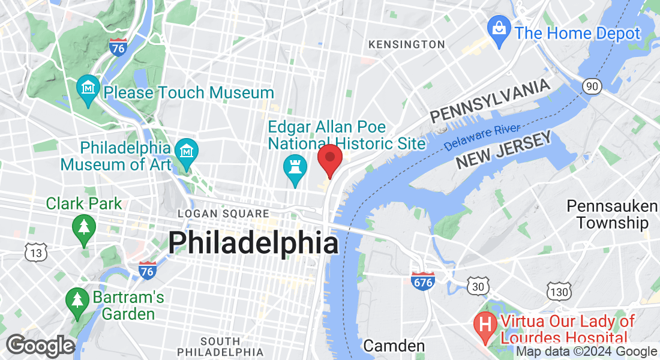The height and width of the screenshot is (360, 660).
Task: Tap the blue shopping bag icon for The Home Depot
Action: pyautogui.click(x=499, y=28)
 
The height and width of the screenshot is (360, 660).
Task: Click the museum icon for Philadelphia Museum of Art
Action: pyautogui.click(x=187, y=151)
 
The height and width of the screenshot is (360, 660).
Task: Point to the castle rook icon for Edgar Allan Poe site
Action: pyautogui.click(x=295, y=167)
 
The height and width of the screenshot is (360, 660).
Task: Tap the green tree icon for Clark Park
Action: pyautogui.click(x=83, y=227)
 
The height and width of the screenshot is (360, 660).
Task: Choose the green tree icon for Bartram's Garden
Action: pyautogui.click(x=76, y=299)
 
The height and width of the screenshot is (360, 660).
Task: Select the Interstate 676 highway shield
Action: pyautogui.click(x=423, y=280)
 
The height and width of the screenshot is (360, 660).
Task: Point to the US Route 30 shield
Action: pyautogui.click(x=478, y=287)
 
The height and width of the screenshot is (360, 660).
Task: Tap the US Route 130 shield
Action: pyautogui.click(x=558, y=292)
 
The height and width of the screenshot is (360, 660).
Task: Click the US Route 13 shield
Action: pyautogui.click(x=36, y=253)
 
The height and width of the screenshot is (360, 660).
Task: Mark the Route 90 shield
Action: pyautogui.click(x=592, y=87)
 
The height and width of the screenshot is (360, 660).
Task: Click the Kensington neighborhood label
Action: pyautogui.click(x=407, y=44)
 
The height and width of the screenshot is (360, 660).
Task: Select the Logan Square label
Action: pyautogui.click(x=223, y=214)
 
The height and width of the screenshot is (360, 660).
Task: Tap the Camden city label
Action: pyautogui.click(x=394, y=346)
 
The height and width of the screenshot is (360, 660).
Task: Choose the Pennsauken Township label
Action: pyautogui.click(x=612, y=215)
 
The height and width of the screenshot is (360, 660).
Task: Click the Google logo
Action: pyautogui.click(x=41, y=346)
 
